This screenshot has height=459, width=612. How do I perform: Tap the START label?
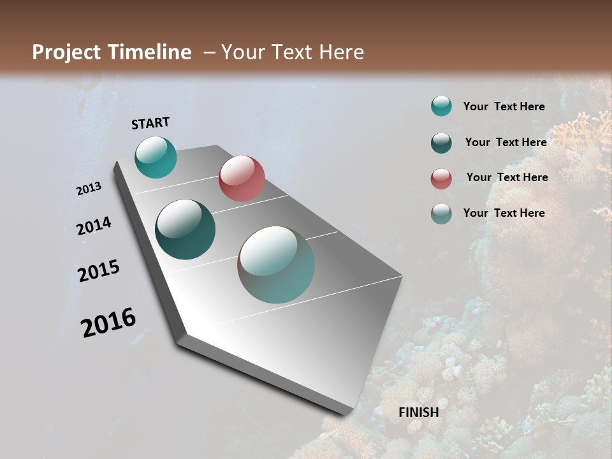click(x=150, y=123)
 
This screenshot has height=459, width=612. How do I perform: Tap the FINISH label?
click(x=419, y=412)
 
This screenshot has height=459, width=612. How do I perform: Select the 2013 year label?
click(x=89, y=189)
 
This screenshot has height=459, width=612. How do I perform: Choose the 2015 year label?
click(x=99, y=271)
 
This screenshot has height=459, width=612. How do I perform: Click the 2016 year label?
click(x=108, y=323)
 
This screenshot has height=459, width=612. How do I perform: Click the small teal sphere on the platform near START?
click(x=156, y=157)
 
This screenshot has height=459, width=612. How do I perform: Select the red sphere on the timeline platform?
click(x=242, y=178)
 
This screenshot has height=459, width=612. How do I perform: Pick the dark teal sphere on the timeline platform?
click(x=186, y=229)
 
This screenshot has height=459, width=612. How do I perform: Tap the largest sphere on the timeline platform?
click(x=277, y=265)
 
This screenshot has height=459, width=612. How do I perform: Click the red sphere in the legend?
click(x=441, y=178)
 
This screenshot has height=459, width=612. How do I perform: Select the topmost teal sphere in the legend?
click(x=441, y=106)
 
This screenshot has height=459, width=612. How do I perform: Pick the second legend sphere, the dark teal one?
click(x=441, y=143)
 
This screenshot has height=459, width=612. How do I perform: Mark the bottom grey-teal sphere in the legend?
click(x=441, y=214)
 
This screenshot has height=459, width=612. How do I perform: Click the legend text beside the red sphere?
click(x=507, y=177)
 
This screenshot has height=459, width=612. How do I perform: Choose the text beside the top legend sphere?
click(x=504, y=106)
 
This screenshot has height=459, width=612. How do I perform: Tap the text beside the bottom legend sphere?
click(x=504, y=213)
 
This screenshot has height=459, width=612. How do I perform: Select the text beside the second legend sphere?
click(x=506, y=142)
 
